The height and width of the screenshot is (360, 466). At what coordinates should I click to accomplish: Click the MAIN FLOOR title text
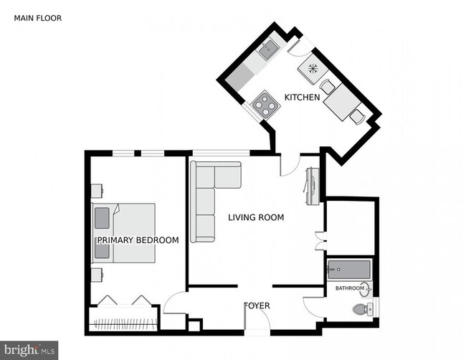point(38,18)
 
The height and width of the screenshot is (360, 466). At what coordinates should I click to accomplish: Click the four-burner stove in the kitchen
point(264,104)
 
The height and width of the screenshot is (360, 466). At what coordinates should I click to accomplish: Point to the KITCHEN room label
point(302,97)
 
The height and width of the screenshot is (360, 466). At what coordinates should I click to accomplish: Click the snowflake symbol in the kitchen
point(313,70)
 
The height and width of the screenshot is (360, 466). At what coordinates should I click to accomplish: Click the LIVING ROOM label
point(256,217)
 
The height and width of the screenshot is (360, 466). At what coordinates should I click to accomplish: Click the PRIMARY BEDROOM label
point(137,240)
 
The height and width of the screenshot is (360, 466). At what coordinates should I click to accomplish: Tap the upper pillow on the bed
point(103,218)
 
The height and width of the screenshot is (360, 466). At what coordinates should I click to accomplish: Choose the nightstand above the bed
point(96,191)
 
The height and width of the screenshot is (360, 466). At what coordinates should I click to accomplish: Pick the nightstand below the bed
point(96,275)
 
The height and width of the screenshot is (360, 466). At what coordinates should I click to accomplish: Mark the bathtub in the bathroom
point(349,271)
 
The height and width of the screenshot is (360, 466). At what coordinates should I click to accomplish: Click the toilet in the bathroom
point(363,310)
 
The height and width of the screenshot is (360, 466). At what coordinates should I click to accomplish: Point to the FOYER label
point(257,305)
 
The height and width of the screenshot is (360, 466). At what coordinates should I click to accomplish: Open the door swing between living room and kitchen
point(288,166)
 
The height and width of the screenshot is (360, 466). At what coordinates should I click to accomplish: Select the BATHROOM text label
point(350,289)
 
